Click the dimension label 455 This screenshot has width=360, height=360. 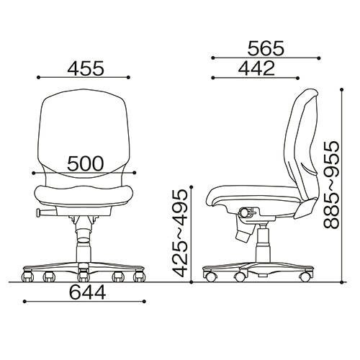tap(86, 68)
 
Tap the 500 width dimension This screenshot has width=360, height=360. tap(86, 163)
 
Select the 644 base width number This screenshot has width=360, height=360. tap(88, 292)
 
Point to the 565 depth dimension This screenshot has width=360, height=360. tap(266, 48)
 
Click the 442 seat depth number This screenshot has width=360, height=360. tap(256, 68)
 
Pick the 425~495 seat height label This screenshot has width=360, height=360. tap(180, 233)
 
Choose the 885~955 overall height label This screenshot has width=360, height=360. tap(331, 184)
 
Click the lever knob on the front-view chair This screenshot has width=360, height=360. tap(38, 212)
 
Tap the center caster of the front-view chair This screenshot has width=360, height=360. tap(83, 276)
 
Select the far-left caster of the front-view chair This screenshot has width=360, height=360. tap(27, 276)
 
